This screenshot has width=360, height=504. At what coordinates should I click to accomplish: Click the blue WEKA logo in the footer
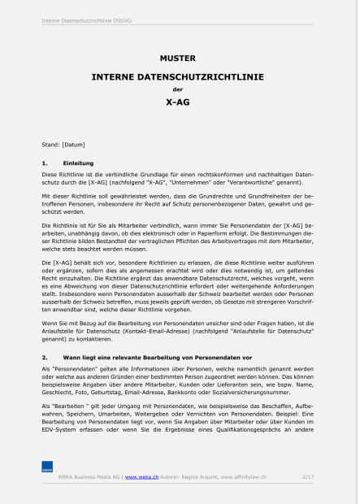pos(47,467)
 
